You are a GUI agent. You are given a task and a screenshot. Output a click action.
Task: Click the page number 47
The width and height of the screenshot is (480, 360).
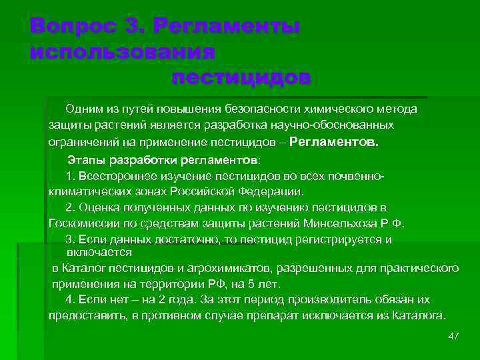pos(454,335)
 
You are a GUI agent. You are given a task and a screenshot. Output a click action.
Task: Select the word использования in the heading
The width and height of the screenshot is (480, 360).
pos(122,52)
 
